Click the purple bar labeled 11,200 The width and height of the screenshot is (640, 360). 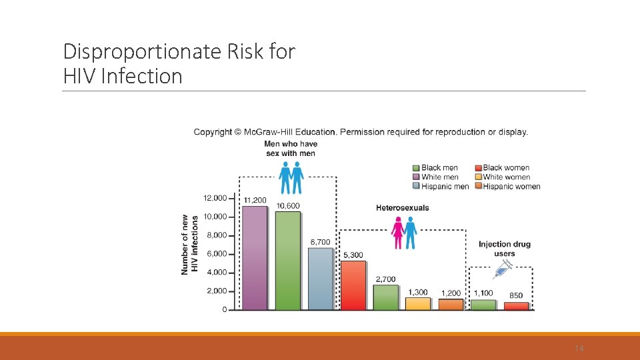coord(255,258)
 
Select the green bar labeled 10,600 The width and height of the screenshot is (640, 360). coord(287,261)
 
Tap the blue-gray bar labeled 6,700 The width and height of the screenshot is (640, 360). coord(320,279)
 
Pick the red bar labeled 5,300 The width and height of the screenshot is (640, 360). coord(353,285)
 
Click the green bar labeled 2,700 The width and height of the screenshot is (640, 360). coord(385,297)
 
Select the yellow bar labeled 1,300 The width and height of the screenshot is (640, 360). coord(418,303)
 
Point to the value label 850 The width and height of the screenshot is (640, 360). coord(516,295)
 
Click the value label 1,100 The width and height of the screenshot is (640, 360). coord(483,293)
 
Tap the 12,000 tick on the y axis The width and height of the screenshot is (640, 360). coord(215,198)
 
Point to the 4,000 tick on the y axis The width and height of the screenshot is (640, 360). coord(215,273)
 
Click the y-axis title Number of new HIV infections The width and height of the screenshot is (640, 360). coord(189,245)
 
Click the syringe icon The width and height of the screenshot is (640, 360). coord(502,269)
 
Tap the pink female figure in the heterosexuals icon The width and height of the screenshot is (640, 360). coord(398,234)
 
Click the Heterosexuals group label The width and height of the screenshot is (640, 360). coord(403,208)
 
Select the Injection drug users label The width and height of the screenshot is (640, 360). coord(505,249)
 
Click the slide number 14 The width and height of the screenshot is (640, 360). coord(579,349)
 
